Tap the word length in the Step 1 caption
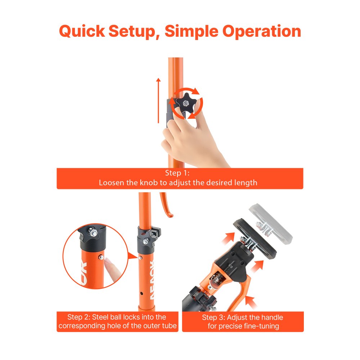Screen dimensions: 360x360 (x=245, y=183)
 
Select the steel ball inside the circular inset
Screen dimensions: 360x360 (x=102, y=256)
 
